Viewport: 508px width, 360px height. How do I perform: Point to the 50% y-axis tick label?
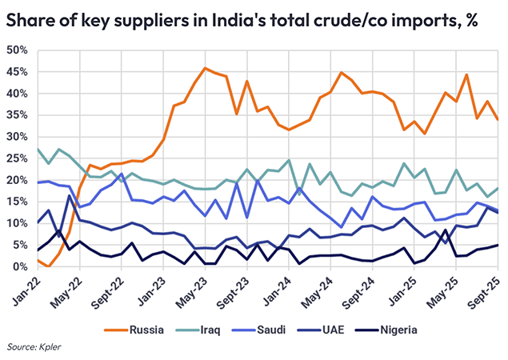pos(17,50)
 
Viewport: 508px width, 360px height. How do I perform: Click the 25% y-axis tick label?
pos(17,158)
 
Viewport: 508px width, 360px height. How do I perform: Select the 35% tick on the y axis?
pos(17,115)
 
